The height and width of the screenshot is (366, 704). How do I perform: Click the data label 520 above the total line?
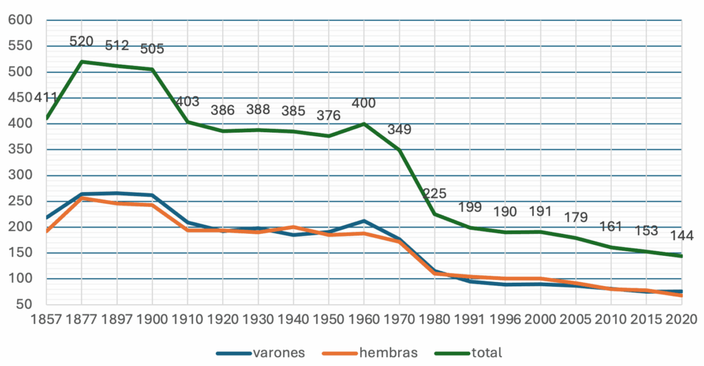pyautogui.click(x=81, y=42)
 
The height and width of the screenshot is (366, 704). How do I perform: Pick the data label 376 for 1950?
pyautogui.click(x=329, y=116)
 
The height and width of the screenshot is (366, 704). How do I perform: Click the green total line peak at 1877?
pyautogui.click(x=81, y=62)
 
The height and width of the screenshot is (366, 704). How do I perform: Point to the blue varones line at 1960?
pyautogui.click(x=364, y=221)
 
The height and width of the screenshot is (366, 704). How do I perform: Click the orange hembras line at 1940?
pyautogui.click(x=294, y=227)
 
